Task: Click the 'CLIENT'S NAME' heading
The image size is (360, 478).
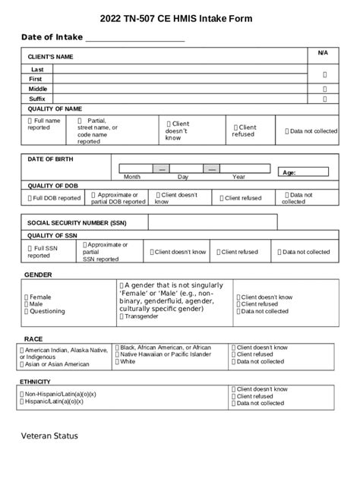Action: coord(50,57)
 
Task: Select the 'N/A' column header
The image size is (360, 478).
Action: coord(323,52)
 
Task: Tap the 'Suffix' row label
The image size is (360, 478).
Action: coord(37,99)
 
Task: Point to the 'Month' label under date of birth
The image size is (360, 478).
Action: coord(131,177)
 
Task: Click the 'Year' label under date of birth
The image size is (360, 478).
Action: coord(238,177)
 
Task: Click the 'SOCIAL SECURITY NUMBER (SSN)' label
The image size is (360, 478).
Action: coord(77,224)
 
